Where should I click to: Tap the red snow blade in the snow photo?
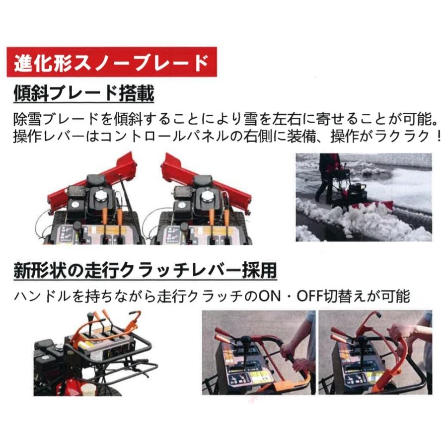tap(377, 205)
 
